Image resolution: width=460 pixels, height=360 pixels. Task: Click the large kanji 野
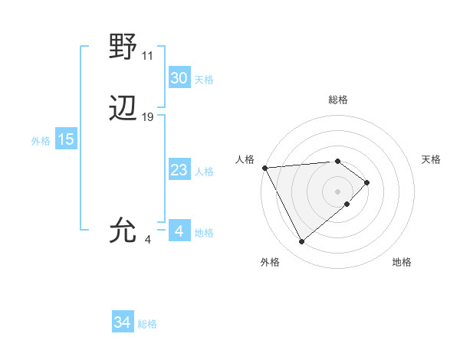(123, 47)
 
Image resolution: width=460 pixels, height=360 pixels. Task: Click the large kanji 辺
(123, 110)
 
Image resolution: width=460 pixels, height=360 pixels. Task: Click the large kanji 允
(123, 230)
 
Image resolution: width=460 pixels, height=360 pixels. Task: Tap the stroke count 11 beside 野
(148, 56)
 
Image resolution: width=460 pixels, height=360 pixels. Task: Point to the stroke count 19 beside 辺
(148, 118)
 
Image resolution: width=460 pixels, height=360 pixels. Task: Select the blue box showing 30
(179, 78)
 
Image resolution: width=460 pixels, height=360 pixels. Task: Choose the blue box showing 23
(179, 170)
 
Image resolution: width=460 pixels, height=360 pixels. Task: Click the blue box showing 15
(65, 139)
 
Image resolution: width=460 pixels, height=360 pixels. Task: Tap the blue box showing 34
(122, 323)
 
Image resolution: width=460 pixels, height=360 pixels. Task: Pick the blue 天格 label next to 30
(204, 80)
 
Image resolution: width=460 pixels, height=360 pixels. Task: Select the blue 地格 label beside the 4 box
(204, 233)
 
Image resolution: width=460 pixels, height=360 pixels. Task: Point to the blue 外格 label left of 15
(40, 141)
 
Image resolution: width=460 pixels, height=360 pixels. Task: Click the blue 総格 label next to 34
(147, 325)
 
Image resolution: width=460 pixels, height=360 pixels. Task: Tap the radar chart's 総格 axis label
(338, 100)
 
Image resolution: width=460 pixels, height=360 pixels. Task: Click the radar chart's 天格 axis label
(431, 159)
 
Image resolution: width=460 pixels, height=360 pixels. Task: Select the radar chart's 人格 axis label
(245, 159)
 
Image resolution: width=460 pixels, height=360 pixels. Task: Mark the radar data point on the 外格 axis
(301, 242)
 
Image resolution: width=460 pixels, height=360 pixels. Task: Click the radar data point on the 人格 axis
(264, 168)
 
